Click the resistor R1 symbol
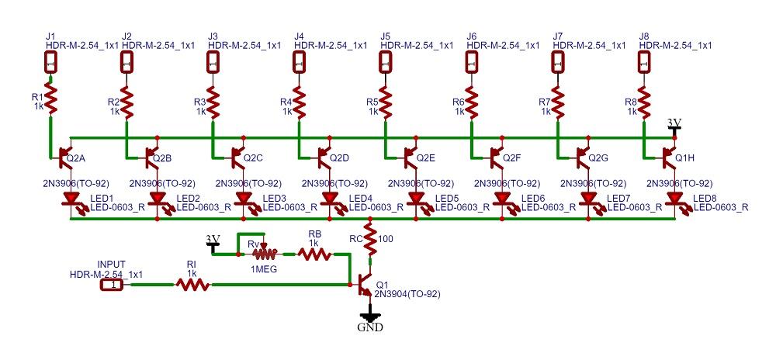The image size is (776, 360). tap(50, 99)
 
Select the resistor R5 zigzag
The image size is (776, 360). tap(385, 99)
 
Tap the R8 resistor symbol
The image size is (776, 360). tap(643, 99)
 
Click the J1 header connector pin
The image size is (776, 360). tap(50, 64)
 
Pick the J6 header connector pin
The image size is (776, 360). tap(471, 64)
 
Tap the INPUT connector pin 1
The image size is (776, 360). tap(112, 286)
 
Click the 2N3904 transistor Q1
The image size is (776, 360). tap(365, 287)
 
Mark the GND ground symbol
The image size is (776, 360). tap(370, 318)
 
